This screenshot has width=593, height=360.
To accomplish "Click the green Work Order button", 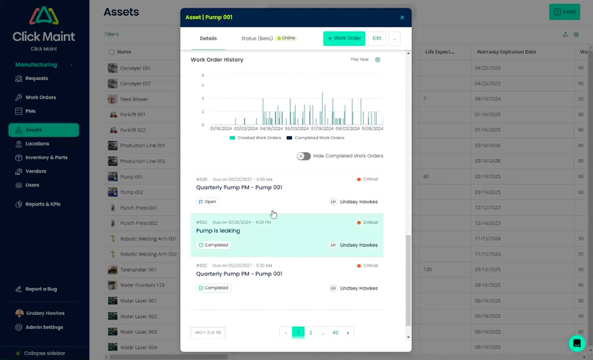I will [x=344, y=38].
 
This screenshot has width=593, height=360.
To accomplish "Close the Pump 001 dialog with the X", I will [x=402, y=17].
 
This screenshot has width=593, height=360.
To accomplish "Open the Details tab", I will [x=208, y=38].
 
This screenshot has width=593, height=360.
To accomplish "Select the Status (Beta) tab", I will [x=258, y=38].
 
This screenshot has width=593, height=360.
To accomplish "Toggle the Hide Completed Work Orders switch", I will [x=304, y=156].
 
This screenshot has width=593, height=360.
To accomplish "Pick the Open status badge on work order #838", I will [x=208, y=202].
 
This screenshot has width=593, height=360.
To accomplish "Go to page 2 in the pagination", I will [x=311, y=333].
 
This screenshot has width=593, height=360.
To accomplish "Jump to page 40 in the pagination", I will [x=335, y=333].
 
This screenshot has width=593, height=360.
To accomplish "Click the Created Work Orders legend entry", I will [x=255, y=138].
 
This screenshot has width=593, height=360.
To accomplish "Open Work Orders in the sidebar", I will [x=40, y=97].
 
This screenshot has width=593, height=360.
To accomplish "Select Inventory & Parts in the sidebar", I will [x=46, y=157].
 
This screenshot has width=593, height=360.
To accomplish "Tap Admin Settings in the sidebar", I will [x=44, y=327].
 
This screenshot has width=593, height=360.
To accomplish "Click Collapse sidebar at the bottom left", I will [x=44, y=353].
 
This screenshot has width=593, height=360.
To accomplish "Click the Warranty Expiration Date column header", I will [x=506, y=51].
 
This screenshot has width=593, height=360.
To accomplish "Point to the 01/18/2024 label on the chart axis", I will [x=221, y=128].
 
